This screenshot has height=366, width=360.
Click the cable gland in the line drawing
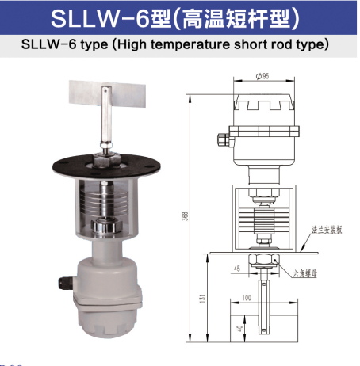(228, 143)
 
